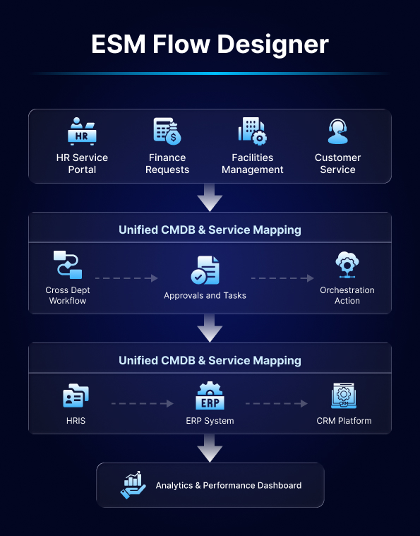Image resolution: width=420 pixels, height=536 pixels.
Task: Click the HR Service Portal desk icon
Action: [82, 131]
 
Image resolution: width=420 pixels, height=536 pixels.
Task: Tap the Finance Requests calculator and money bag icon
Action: [167, 131]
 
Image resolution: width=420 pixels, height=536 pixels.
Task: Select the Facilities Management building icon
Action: [253, 131]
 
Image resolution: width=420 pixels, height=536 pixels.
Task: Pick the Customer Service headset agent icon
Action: [337, 131]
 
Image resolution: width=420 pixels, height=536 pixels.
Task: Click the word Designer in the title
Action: [272, 44]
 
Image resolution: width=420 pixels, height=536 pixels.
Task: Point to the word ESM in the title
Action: [119, 44]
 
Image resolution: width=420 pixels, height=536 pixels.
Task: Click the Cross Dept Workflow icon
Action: [68, 265]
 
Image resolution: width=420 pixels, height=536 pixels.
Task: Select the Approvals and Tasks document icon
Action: [205, 270]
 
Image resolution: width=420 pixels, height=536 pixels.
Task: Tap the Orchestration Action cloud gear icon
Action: [347, 265]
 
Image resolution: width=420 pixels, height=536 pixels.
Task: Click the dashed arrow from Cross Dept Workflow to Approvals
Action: [126, 278]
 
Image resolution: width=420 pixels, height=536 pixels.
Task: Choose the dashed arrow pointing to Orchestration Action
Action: [282, 278]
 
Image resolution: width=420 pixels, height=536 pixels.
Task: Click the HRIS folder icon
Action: [76, 395]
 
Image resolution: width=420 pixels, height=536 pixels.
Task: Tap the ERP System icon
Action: [210, 395]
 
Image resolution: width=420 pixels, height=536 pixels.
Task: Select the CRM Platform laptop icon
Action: [344, 395]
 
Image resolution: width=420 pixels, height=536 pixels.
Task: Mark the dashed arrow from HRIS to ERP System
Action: [143, 404]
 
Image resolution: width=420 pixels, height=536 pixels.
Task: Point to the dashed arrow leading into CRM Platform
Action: [277, 404]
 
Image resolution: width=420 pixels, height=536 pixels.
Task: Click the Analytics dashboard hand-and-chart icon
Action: [133, 485]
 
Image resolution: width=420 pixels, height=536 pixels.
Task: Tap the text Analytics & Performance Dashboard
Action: [229, 485]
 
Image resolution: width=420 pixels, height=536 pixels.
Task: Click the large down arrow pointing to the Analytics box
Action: [210, 448]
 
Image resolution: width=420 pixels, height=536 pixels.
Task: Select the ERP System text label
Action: [210, 421]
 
